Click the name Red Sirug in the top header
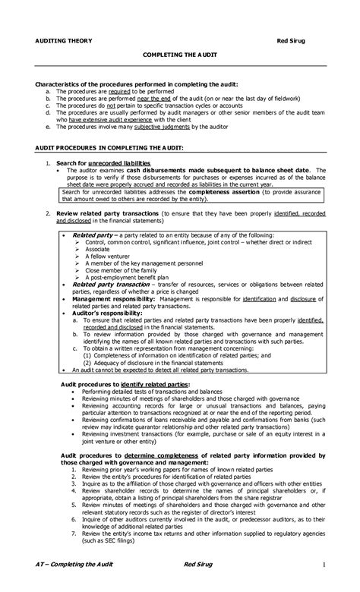click(290, 39)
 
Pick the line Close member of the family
click(120, 271)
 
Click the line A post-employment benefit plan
click(126, 279)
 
